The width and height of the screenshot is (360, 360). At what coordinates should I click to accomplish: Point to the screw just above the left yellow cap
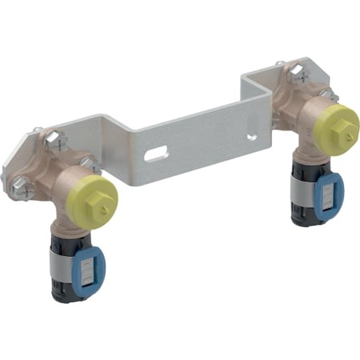point(90,166)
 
